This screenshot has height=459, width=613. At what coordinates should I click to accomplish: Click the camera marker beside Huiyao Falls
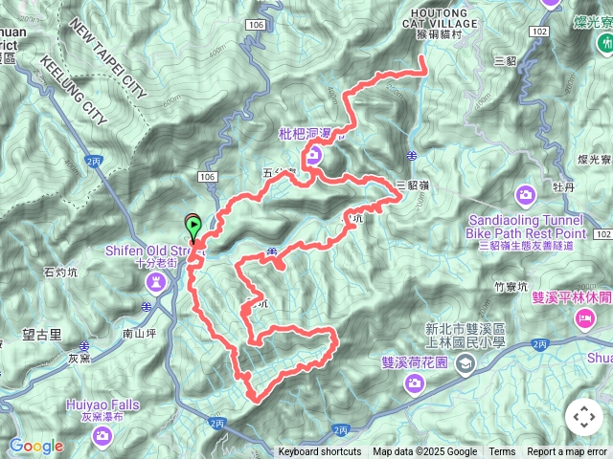(x=102, y=436)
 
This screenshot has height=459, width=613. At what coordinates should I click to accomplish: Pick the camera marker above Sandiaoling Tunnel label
(x=525, y=196)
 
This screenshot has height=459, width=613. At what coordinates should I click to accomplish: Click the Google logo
(x=35, y=446)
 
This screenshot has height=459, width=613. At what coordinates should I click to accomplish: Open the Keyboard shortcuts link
(x=320, y=452)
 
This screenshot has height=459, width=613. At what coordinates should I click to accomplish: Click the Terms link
(x=502, y=452)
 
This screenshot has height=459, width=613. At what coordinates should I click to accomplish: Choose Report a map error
(x=568, y=452)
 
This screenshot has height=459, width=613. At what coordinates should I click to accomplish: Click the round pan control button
(x=583, y=418)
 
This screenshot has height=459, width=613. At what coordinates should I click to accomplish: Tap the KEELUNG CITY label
(x=74, y=89)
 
